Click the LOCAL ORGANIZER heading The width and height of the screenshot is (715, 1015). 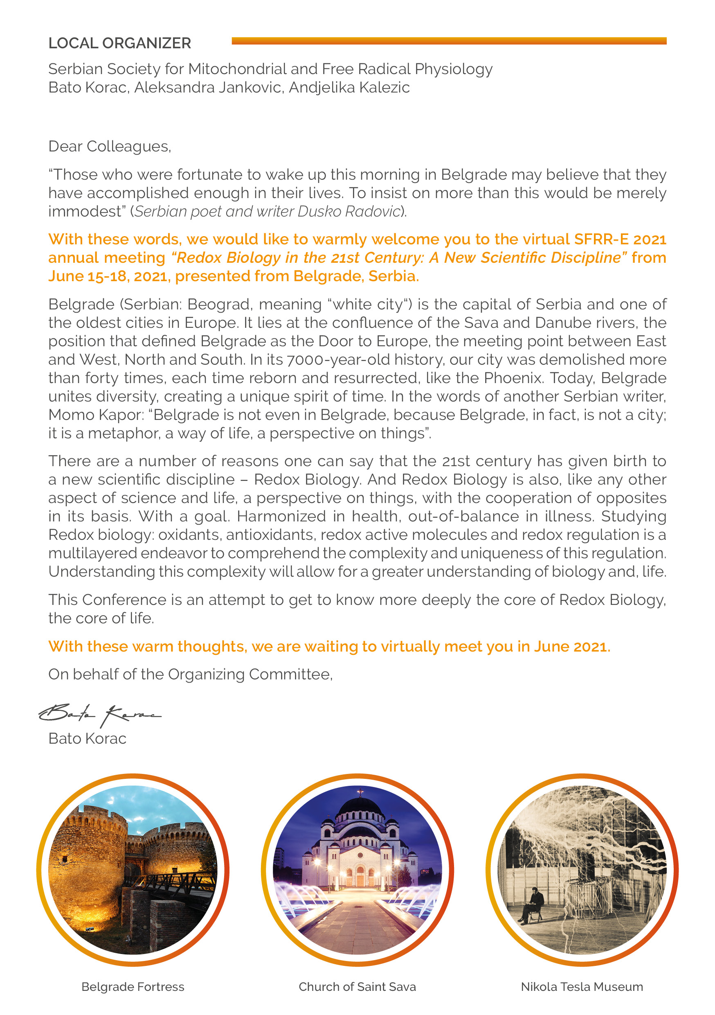click(x=119, y=43)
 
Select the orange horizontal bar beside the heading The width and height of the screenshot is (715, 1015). click(x=449, y=41)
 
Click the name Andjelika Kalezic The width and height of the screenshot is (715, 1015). click(x=349, y=88)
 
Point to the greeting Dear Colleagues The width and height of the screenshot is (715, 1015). click(x=110, y=147)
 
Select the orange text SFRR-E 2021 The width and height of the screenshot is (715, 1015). click(x=620, y=239)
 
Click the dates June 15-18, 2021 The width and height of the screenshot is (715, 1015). click(x=110, y=276)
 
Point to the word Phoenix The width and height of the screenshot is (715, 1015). click(x=513, y=378)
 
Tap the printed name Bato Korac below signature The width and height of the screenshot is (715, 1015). click(x=87, y=739)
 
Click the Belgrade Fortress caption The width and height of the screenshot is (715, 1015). click(x=133, y=987)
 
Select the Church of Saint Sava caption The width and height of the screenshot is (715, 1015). click(x=357, y=987)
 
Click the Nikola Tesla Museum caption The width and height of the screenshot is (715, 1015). click(x=582, y=987)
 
